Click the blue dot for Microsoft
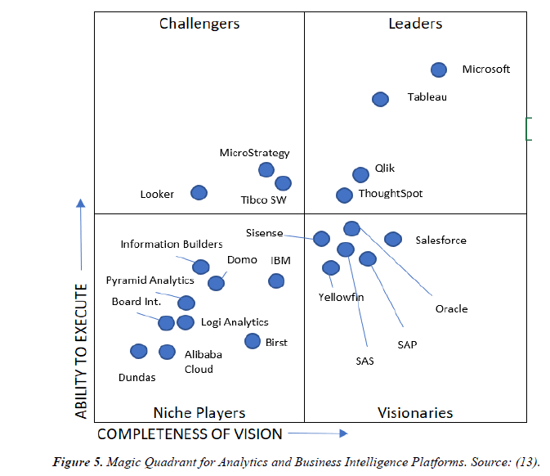439,70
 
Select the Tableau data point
380,99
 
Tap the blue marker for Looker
199,192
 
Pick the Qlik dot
360,174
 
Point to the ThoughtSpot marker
345,195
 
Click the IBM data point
276,281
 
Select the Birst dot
253,341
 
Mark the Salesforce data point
393,239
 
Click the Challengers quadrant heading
199,24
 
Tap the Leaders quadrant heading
415,24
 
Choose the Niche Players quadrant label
199,413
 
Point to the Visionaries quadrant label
415,413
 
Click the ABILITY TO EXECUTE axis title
82,351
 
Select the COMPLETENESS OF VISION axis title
190,434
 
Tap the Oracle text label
451,309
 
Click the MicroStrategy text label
254,153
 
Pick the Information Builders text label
172,244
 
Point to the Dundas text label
136,377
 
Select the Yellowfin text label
341,297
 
